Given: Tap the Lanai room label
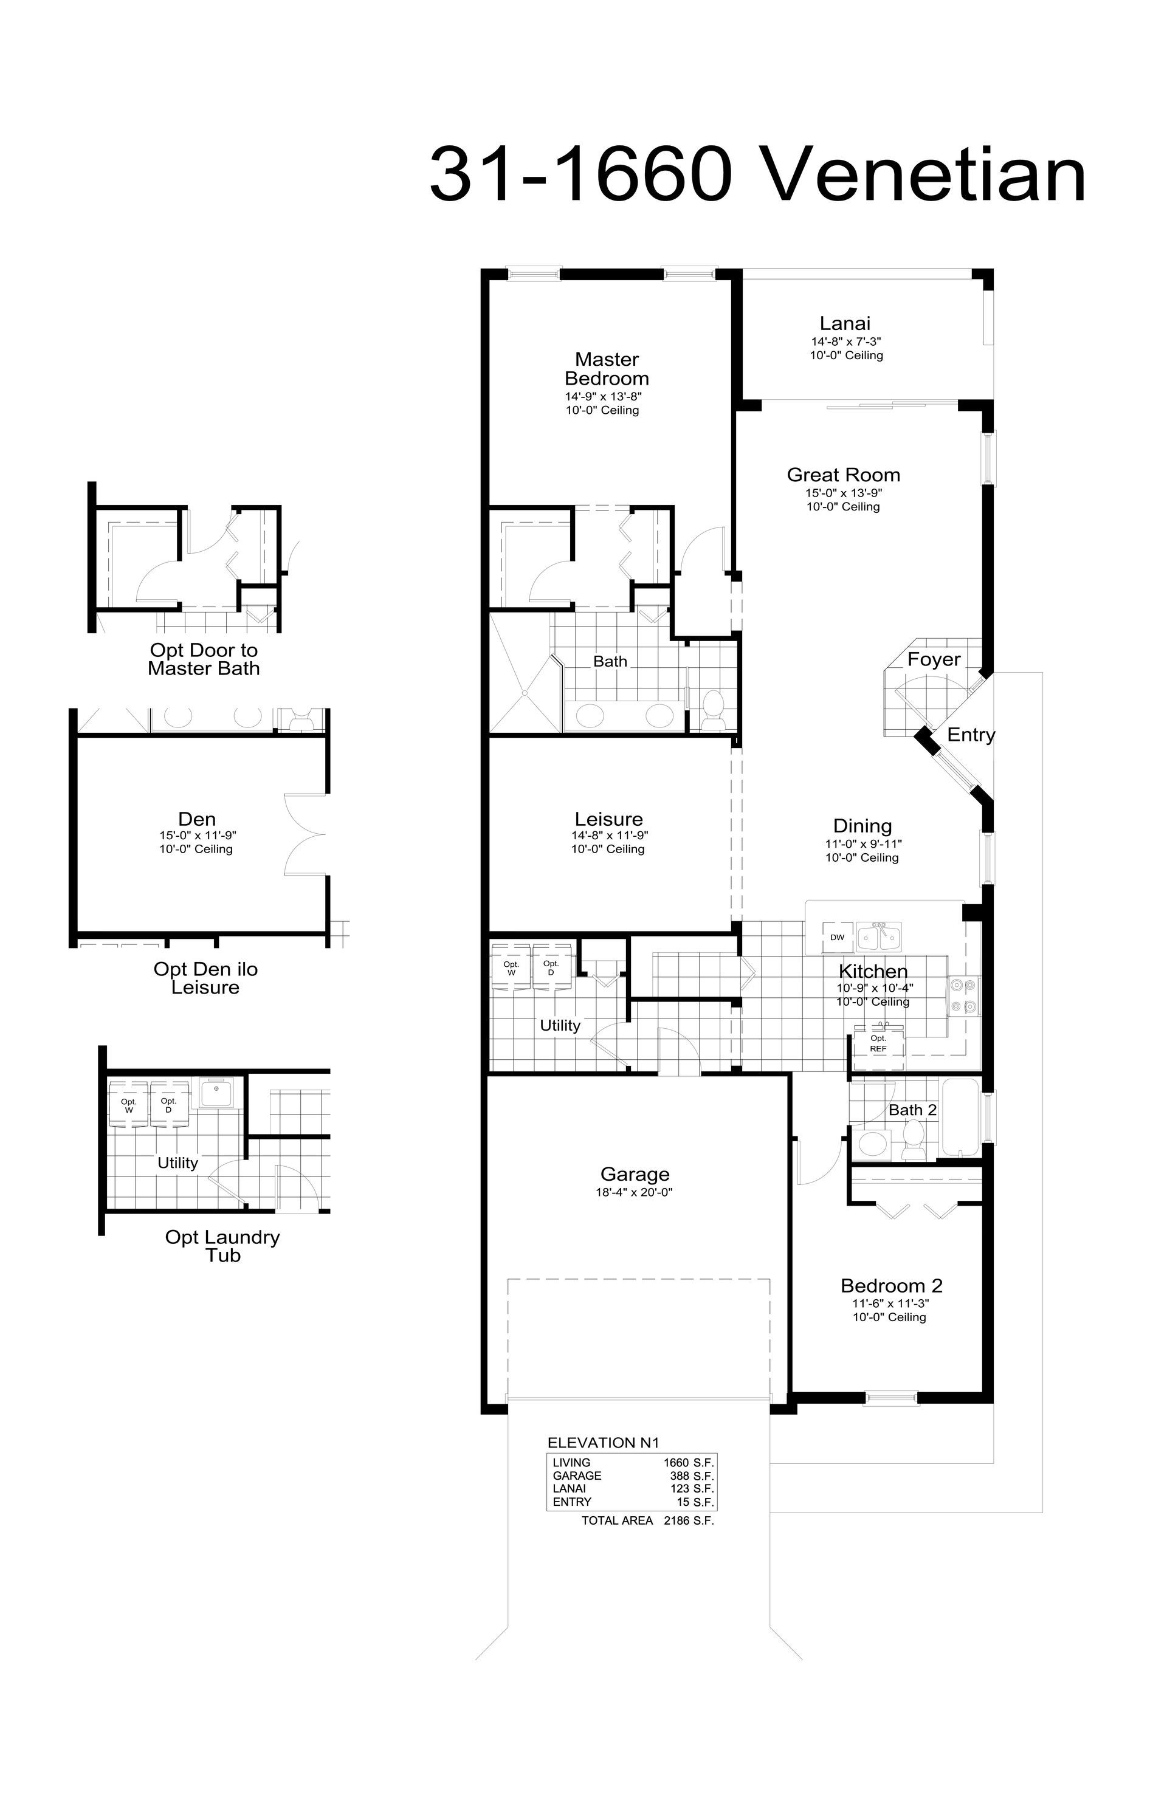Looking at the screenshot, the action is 845,323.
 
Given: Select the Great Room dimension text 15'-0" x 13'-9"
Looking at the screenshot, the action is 844,492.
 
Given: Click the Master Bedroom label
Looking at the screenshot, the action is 607,369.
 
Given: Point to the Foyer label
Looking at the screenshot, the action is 934,659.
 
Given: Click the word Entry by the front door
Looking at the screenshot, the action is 971,734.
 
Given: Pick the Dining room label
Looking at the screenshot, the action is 862,826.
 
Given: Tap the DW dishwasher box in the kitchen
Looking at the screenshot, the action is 838,937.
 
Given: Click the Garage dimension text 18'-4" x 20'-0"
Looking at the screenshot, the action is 635,1192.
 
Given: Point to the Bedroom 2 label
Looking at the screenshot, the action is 891,1286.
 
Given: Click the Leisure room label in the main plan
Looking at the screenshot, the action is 608,819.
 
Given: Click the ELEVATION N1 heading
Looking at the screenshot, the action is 603,1443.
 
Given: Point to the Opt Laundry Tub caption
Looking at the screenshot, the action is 223,1246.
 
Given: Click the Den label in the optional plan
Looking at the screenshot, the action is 197,819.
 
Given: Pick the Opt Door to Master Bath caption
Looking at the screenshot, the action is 204,659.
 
